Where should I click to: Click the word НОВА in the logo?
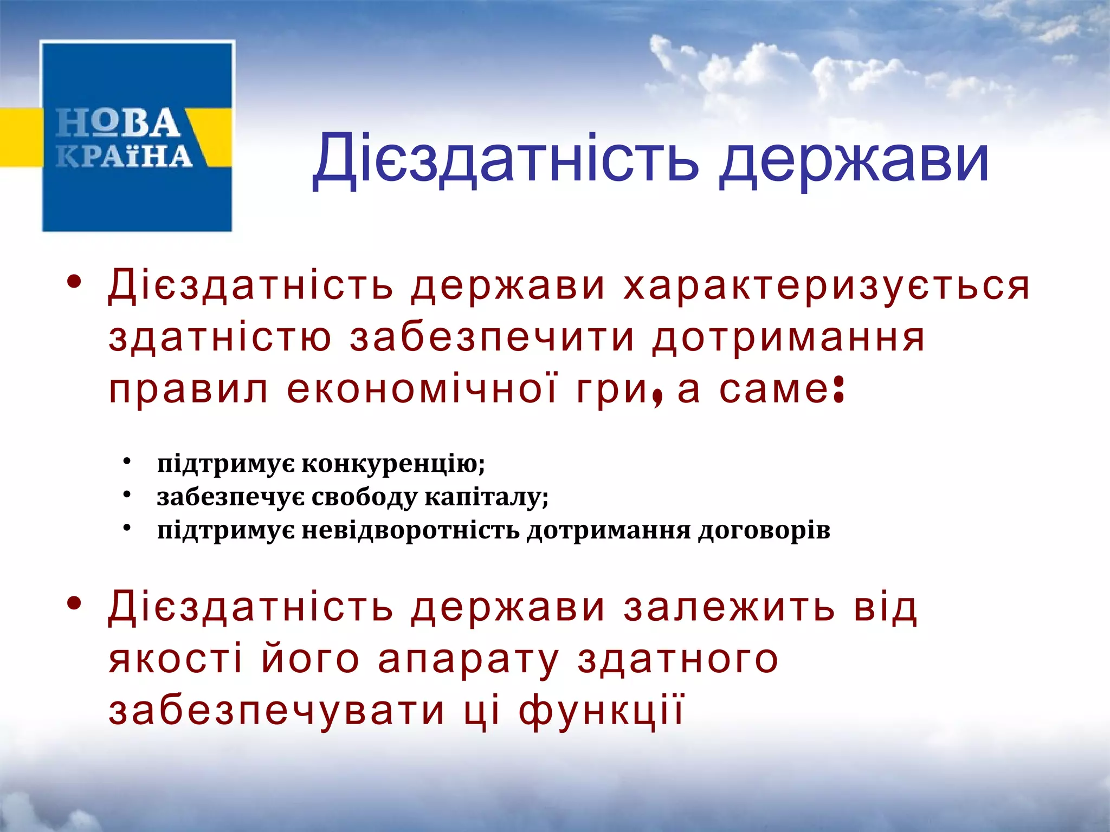pyautogui.click(x=118, y=123)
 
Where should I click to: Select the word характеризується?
pyautogui.click(x=826, y=285)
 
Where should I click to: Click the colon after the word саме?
pyautogui.click(x=838, y=391)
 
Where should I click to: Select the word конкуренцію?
pyautogui.click(x=393, y=464)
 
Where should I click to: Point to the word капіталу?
pyautogui.click(x=486, y=497)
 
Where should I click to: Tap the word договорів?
pyautogui.click(x=764, y=530)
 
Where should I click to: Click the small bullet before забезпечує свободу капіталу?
pyautogui.click(x=127, y=495)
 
